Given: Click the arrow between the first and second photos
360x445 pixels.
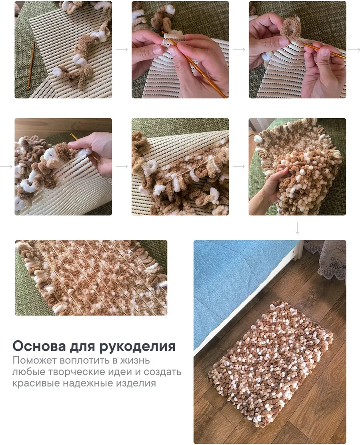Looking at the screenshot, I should (122, 50).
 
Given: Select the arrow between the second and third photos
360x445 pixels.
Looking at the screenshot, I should (239, 50).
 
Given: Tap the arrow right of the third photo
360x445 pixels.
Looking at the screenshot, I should (354, 50).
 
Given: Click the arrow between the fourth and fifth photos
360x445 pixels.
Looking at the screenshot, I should (122, 166).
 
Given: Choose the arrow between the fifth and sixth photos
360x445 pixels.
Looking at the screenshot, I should (239, 166).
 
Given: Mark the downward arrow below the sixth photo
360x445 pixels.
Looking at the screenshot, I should (297, 227).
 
